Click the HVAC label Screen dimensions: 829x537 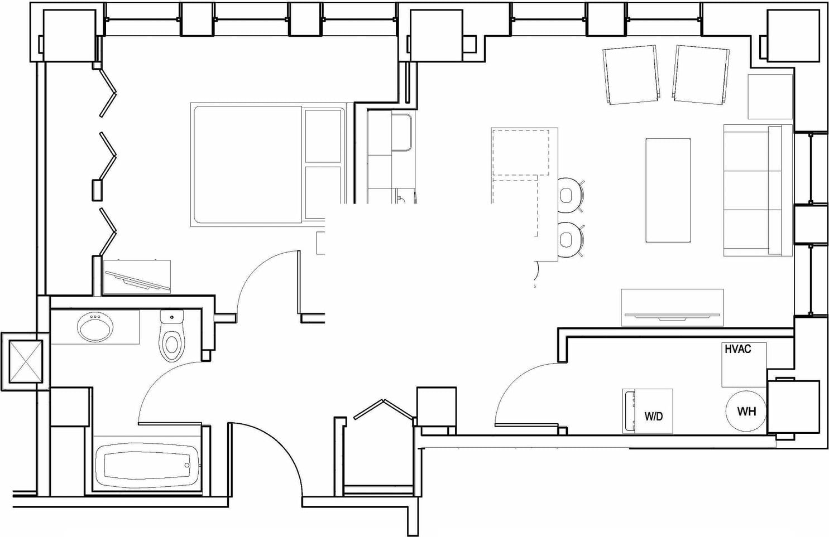point(737,350)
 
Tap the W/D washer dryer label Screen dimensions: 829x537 point(653,416)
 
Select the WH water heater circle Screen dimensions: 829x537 point(746,412)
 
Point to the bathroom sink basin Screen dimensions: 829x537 point(95,327)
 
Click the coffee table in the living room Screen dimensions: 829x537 point(668,190)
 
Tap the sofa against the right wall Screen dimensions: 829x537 point(756,190)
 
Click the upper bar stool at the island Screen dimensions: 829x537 point(570,195)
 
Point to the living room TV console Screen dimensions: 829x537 point(672,307)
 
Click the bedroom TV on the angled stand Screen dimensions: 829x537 point(137,278)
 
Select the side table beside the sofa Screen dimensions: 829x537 point(770,96)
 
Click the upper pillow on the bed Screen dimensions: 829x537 point(323,136)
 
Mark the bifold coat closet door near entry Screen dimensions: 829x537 point(384,409)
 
